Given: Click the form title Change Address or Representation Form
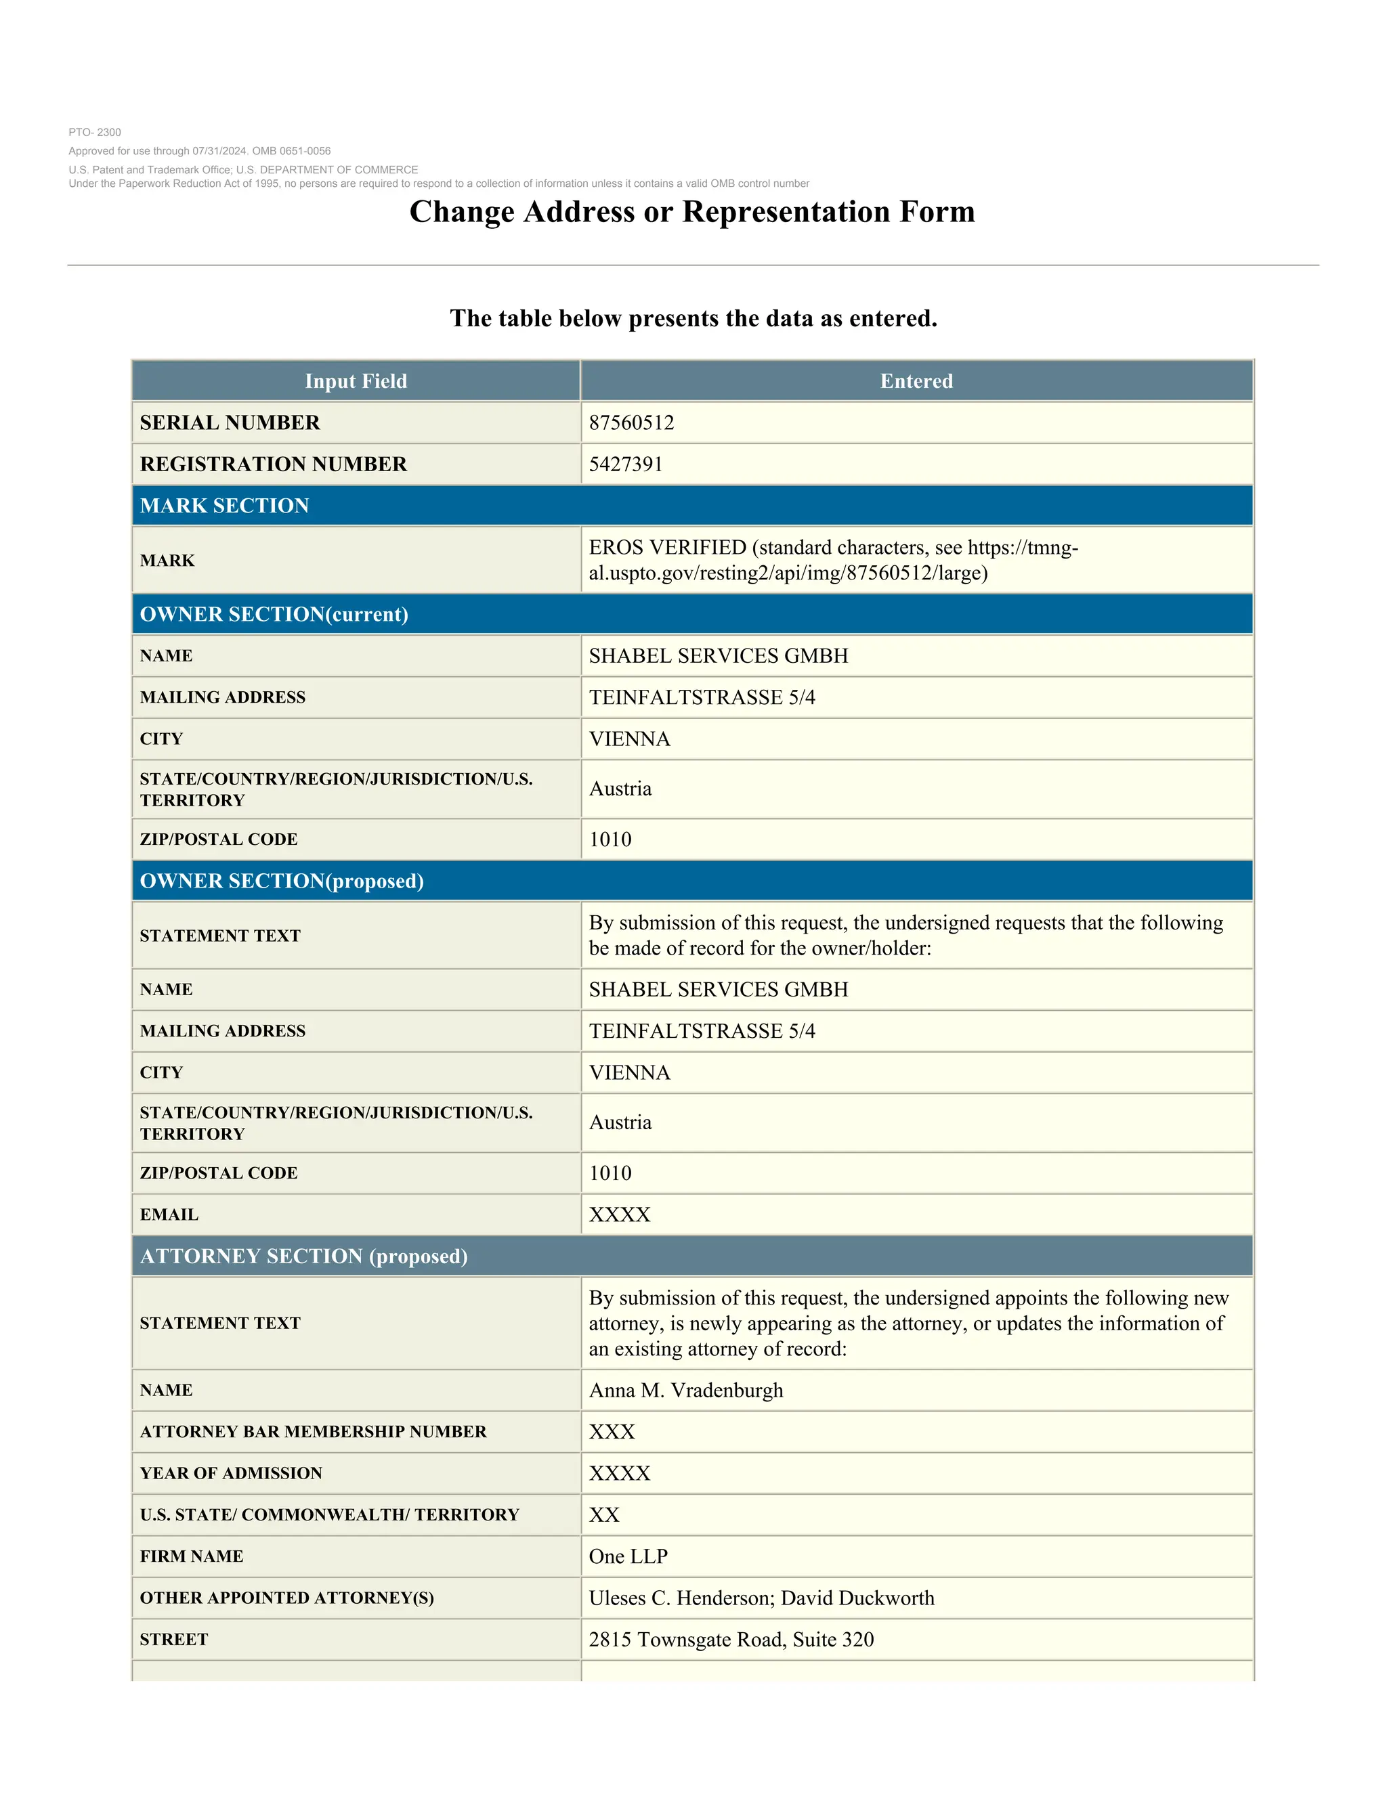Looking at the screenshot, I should click(692, 212).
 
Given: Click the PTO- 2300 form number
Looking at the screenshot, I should click(95, 132).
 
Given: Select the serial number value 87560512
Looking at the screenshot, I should click(631, 423).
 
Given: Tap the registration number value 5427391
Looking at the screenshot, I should click(625, 464).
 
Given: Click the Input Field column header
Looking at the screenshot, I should click(356, 381).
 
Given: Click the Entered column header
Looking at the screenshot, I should click(916, 381).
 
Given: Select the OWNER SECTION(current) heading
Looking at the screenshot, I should click(274, 615).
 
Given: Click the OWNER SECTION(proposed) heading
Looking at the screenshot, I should click(281, 881).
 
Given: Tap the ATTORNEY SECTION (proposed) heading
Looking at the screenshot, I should click(303, 1256).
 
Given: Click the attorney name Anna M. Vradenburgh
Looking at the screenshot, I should click(685, 1391).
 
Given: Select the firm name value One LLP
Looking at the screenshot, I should click(628, 1556).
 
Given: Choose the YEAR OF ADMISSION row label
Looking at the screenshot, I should click(231, 1474).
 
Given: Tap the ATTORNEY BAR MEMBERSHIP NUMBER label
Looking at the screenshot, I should click(313, 1432).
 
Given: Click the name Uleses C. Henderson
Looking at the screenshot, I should click(681, 1598).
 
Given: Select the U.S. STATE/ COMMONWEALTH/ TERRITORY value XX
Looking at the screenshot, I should click(604, 1514).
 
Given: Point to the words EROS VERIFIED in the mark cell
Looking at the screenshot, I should click(667, 548).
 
